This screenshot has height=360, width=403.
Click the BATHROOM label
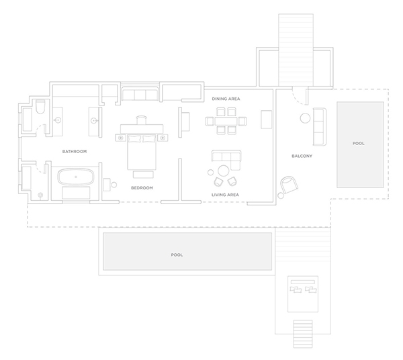[75, 151]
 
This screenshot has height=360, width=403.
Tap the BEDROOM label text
[142, 188]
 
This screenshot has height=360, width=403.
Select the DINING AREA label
[226, 99]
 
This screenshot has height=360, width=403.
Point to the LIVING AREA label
[225, 195]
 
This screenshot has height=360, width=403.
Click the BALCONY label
[302, 156]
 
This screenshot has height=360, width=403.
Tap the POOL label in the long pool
[177, 255]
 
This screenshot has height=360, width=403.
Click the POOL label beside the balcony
[359, 143]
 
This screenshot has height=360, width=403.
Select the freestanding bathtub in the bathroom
[76, 177]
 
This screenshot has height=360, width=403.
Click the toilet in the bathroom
[40, 107]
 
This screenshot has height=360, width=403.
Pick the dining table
[226, 121]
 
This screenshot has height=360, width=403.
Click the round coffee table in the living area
[224, 171]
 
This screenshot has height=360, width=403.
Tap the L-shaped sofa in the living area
[226, 160]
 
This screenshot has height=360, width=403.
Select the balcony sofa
[320, 127]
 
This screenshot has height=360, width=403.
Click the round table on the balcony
[305, 118]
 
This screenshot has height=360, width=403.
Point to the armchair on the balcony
[289, 185]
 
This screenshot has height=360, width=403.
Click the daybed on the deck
[303, 294]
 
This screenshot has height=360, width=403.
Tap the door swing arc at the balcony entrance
[297, 99]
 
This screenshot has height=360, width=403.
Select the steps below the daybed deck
[303, 334]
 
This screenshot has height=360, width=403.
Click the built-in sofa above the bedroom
[140, 94]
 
